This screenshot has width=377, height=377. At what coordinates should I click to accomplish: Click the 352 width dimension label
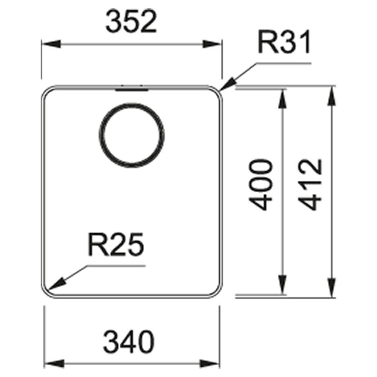(131, 22)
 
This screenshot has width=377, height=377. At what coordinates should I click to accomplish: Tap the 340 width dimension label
(129, 342)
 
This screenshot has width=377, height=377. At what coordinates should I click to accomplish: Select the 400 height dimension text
(261, 184)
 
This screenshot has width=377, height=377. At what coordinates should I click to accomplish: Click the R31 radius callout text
(284, 42)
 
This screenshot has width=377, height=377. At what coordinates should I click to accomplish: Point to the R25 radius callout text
(116, 245)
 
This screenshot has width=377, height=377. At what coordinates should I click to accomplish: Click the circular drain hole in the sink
(132, 135)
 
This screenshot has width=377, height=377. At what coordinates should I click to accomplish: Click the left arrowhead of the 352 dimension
(51, 44)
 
